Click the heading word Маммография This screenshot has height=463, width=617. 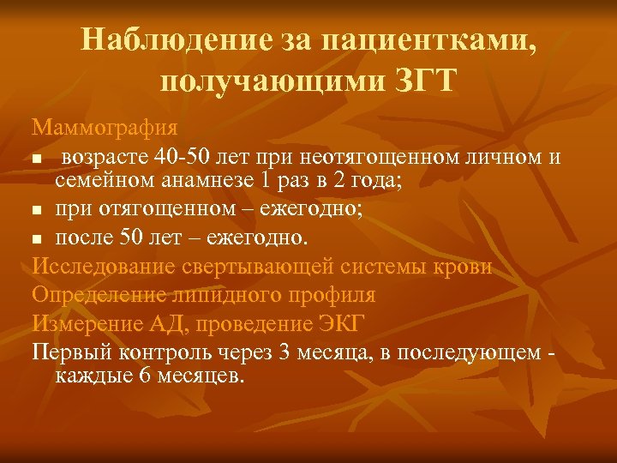[x=105, y=129]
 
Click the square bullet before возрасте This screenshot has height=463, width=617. [x=38, y=159]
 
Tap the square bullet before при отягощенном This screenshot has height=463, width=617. [x=38, y=210]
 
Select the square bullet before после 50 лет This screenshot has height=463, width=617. [x=38, y=237]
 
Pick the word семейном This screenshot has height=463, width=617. [x=106, y=182]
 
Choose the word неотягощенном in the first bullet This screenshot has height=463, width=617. [x=355, y=157]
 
